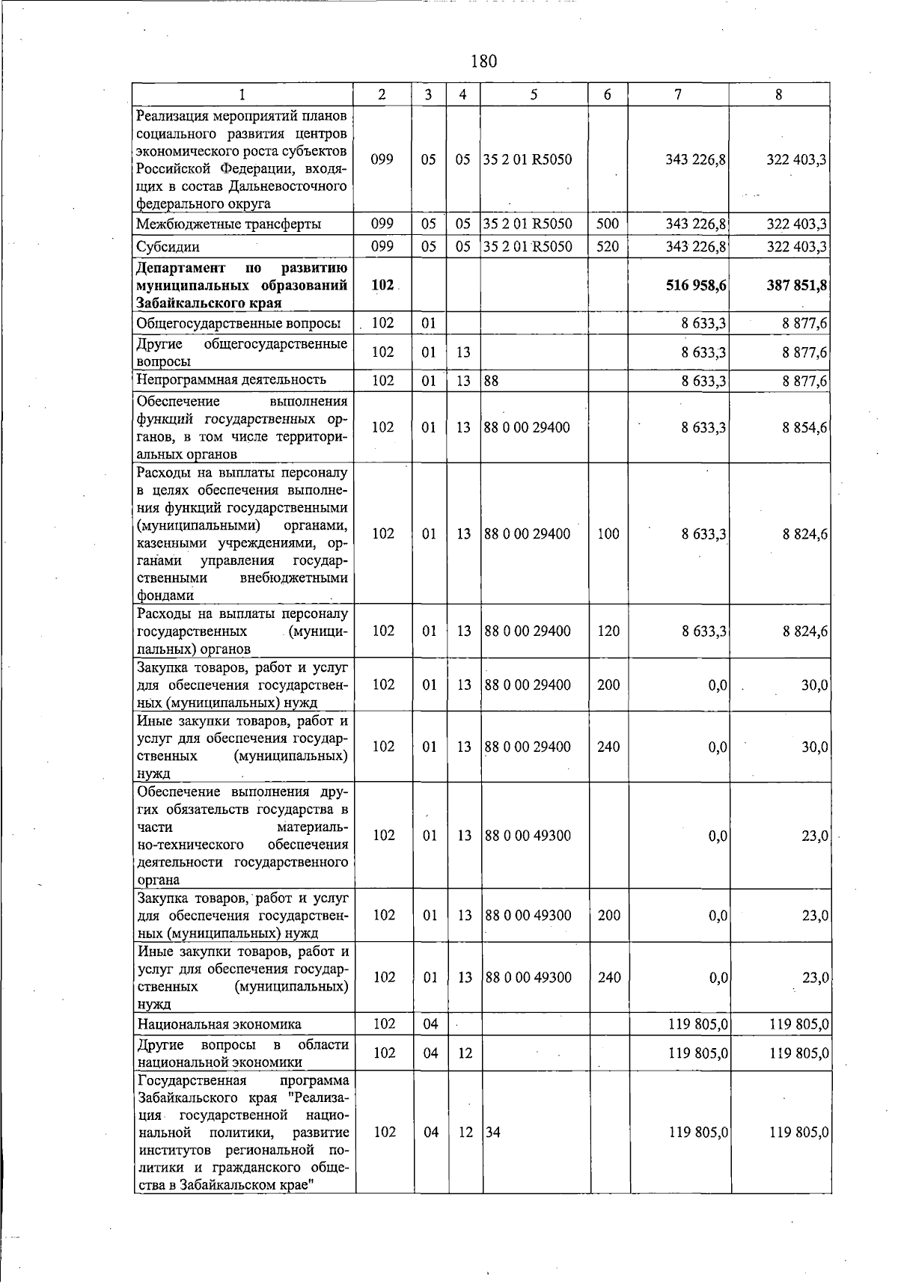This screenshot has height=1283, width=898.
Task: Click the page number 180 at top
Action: [x=484, y=61]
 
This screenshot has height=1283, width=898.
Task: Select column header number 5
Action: [x=534, y=94]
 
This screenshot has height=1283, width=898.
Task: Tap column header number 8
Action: [x=779, y=94]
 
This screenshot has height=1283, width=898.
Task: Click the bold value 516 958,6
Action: [x=696, y=286]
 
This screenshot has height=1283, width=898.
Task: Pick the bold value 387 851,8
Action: [x=796, y=286]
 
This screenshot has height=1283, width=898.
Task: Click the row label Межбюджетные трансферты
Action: [x=229, y=224]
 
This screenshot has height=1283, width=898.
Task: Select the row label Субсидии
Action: [x=168, y=247]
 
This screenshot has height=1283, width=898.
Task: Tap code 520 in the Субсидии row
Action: [x=607, y=247]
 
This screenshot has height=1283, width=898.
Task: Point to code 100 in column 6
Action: [x=608, y=534]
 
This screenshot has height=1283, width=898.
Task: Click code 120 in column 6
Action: [x=608, y=631]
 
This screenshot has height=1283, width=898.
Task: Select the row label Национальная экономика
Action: [x=219, y=1024]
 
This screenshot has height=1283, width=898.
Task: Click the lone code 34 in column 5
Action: [x=493, y=1133]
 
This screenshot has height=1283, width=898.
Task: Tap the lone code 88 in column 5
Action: [x=492, y=381]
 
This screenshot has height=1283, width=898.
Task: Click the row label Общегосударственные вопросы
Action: [x=239, y=323]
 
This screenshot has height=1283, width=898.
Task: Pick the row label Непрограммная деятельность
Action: [x=231, y=380]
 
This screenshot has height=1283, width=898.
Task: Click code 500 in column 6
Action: [x=607, y=224]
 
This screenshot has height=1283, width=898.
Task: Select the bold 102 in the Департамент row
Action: [x=382, y=286]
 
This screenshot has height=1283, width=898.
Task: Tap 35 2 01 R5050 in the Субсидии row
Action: [x=528, y=247]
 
